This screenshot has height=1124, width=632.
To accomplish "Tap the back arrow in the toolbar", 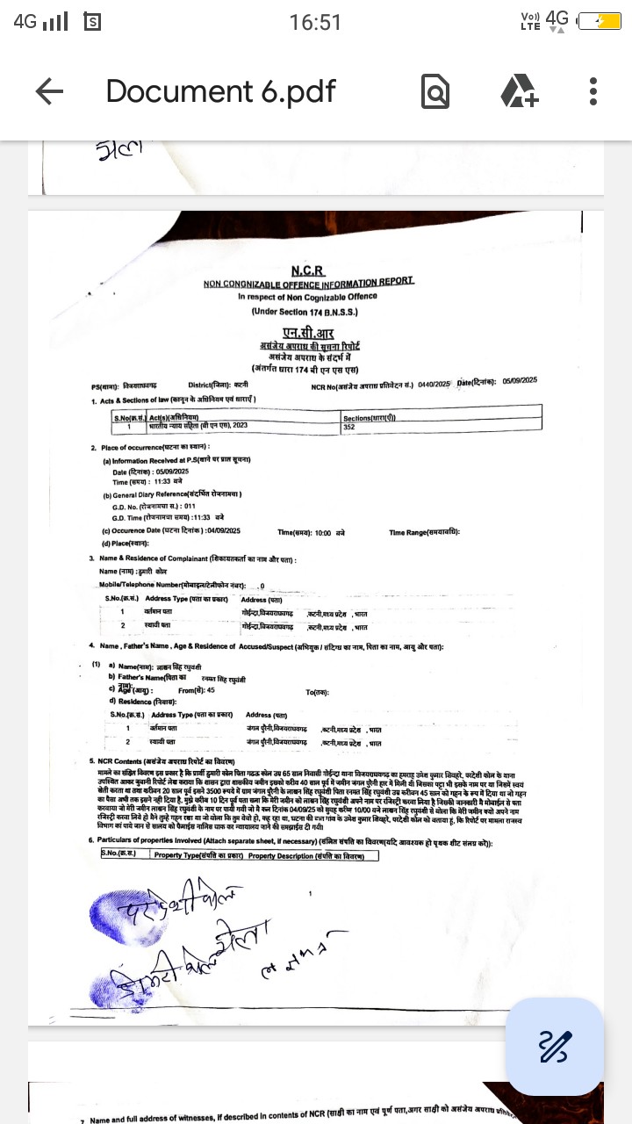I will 49,91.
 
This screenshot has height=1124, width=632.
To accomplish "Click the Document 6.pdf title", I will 221,91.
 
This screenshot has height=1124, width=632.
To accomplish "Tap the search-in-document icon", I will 435,91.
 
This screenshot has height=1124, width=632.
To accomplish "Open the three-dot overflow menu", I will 593,91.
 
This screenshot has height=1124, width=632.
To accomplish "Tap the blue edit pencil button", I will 555,1046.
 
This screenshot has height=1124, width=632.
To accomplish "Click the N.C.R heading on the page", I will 307,270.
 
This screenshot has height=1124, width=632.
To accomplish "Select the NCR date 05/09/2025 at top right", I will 520,380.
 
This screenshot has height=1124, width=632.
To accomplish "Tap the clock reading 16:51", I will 315,22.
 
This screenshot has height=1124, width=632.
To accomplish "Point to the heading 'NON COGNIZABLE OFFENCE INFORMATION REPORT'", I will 308,283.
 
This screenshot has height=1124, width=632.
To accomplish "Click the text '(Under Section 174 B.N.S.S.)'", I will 304,311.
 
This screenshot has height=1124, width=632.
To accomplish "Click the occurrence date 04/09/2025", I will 225,531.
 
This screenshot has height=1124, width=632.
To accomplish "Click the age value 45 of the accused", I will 211,690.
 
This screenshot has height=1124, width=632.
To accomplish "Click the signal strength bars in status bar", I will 55,21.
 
